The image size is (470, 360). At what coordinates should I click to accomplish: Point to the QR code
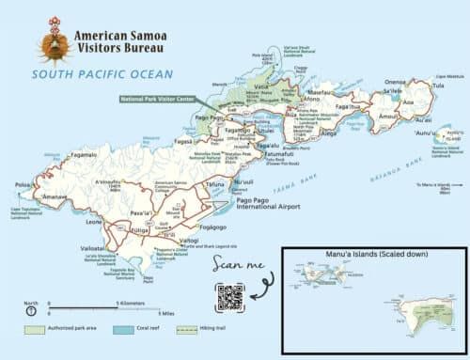[230, 296]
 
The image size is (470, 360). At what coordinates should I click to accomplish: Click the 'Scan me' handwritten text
[231, 264]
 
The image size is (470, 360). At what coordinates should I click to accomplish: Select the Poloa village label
[22, 186]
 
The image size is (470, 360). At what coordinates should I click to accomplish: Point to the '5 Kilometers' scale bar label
[133, 305]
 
